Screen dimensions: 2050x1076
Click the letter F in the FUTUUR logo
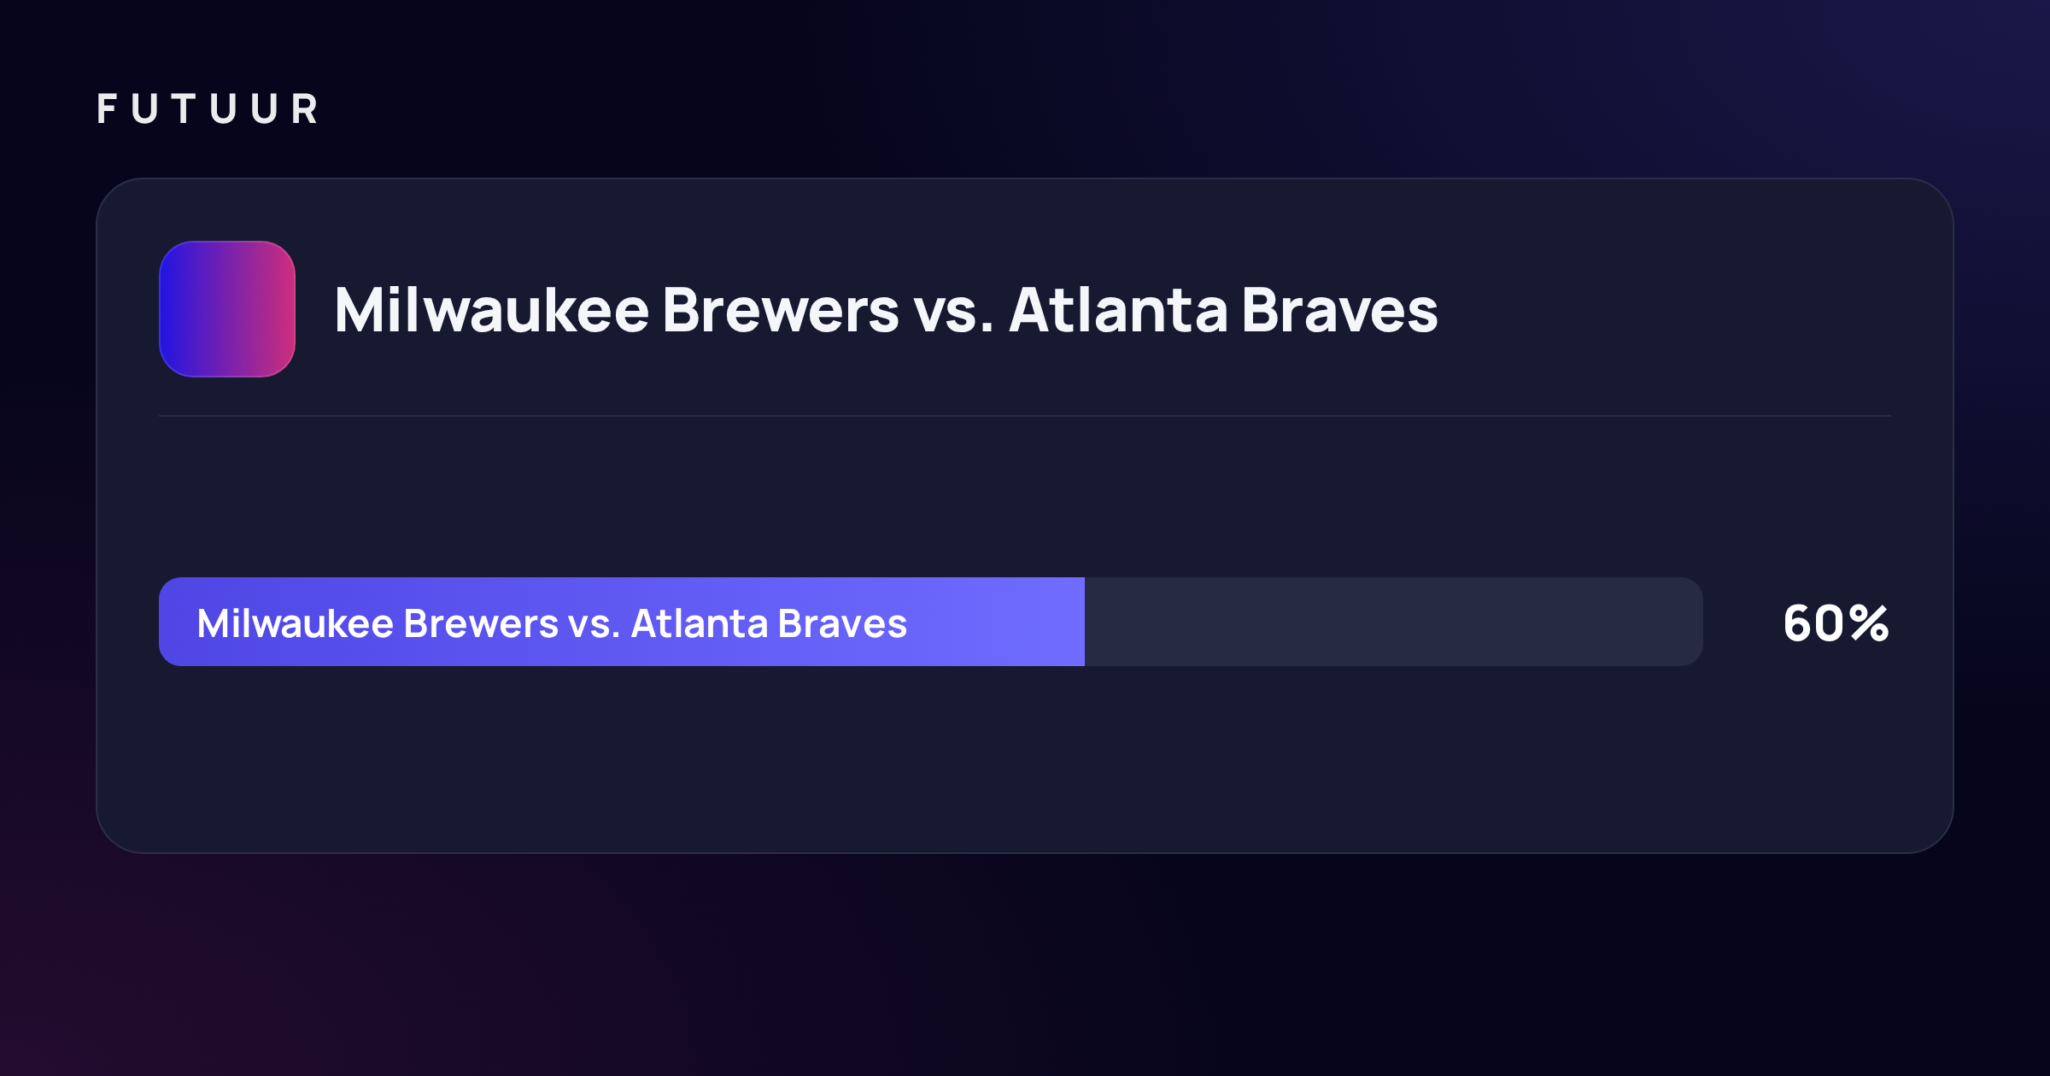point(107,109)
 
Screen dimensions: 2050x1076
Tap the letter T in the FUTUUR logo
point(184,109)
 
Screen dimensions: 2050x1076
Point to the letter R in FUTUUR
point(305,109)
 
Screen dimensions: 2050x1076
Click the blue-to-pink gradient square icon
point(227,309)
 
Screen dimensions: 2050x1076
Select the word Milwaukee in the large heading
point(492,309)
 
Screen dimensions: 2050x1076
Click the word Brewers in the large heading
point(781,310)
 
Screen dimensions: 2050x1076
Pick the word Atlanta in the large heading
point(1118,309)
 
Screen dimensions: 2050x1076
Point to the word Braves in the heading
point(1340,309)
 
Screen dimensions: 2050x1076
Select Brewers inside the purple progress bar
point(482,623)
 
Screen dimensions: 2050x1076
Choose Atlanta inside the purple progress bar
point(699,623)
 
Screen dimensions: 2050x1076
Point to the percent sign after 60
point(1870,623)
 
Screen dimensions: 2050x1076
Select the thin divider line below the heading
point(1025,416)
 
